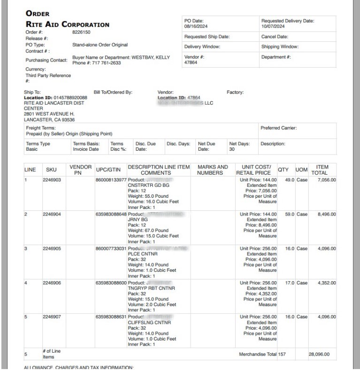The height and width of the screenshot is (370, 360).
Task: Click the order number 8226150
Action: pos(81,32)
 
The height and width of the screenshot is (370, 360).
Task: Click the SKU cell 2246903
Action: pos(52,180)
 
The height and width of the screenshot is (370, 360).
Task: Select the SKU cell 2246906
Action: pos(52,283)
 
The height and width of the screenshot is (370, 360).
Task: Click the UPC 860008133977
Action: pos(111,180)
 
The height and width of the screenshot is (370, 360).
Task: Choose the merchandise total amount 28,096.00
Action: pos(319,354)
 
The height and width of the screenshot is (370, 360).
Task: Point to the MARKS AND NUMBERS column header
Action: pos(213,170)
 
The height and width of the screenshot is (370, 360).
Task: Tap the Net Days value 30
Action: pos(232,149)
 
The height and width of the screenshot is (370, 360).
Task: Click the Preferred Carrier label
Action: pos(279,127)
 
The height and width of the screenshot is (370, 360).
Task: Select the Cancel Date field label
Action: pos(275,36)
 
